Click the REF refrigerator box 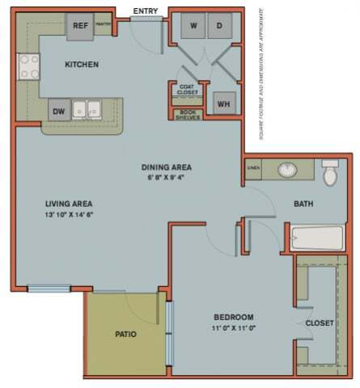pos(80,26)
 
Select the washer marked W pos(193,26)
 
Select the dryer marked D pos(218,26)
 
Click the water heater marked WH pos(222,103)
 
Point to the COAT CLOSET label pos(185,90)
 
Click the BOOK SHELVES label pos(187,115)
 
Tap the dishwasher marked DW pos(59,112)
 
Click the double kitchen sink pos(87,109)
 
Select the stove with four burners pos(28,66)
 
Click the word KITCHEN pos(83,63)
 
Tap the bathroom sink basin pos(286,171)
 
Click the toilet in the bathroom pos(330,173)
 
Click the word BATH pos(303,204)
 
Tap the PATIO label pos(125,334)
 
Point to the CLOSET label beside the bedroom pos(319,323)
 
